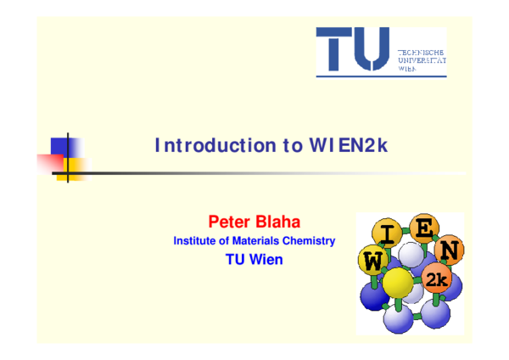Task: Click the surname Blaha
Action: coord(277,222)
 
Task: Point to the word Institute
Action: coord(195,241)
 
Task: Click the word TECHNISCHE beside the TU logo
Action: coord(422,53)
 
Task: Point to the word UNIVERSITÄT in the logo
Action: coord(422,61)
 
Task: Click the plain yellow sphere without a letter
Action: coord(397,282)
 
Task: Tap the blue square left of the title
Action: coord(64,145)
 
